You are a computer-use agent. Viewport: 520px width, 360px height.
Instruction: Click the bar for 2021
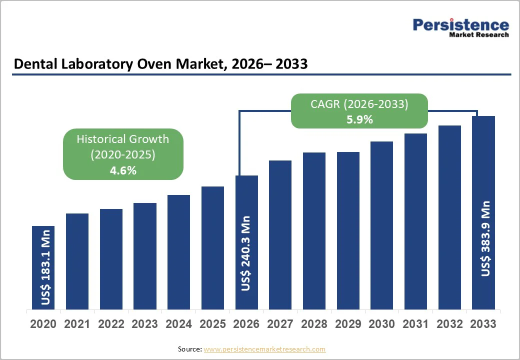(x=77, y=261)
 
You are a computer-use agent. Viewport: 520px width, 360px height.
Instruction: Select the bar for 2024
(x=178, y=252)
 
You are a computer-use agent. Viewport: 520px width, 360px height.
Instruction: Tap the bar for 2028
(x=314, y=231)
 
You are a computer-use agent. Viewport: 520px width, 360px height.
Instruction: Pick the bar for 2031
(x=415, y=221)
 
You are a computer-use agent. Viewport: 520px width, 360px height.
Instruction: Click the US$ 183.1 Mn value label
(x=46, y=267)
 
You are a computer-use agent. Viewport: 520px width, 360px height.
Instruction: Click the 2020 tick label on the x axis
(x=43, y=324)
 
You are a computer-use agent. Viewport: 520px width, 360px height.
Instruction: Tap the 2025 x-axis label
(x=212, y=324)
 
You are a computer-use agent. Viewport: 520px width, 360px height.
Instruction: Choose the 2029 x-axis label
(x=348, y=324)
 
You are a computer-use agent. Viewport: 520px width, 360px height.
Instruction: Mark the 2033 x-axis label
(x=483, y=324)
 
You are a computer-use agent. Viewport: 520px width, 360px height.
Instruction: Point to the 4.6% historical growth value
(x=123, y=170)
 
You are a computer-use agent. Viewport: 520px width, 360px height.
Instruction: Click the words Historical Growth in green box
(x=123, y=139)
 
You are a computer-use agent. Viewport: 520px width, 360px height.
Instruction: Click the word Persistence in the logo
(x=460, y=24)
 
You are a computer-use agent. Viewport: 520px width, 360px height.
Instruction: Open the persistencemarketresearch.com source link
(x=264, y=349)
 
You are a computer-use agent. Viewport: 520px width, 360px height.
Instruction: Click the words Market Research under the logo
(x=478, y=35)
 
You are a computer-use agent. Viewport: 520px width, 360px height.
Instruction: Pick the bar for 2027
(x=280, y=234)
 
